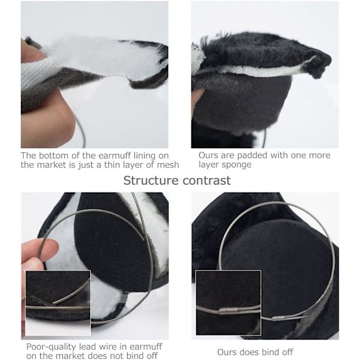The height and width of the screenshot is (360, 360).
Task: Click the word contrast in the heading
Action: tap(206, 181)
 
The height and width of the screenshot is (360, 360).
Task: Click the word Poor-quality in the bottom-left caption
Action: tap(51, 347)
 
